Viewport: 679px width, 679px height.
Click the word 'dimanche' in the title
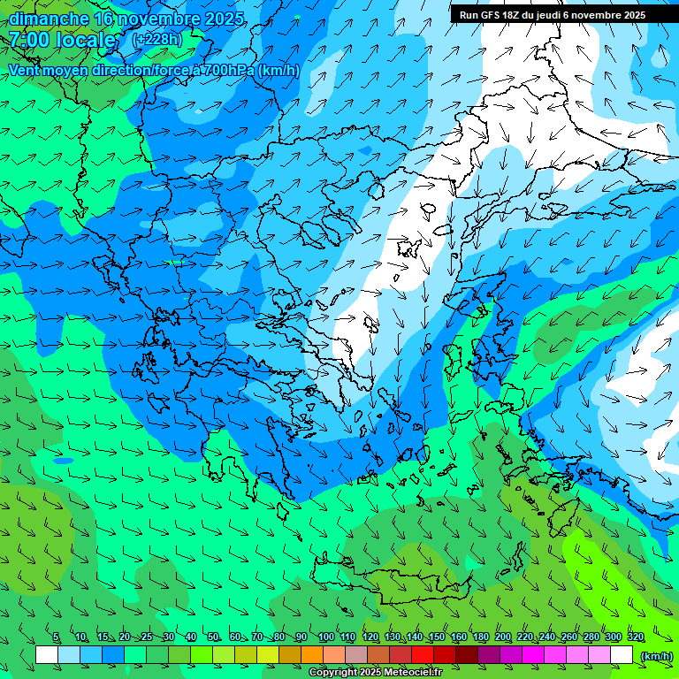click(50, 19)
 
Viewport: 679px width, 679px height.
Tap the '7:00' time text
click(29, 40)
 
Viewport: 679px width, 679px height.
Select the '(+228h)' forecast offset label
click(156, 40)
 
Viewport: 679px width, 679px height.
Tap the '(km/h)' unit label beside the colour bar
click(655, 655)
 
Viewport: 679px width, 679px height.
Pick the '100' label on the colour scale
click(326, 637)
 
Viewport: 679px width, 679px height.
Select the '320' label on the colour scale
click(636, 637)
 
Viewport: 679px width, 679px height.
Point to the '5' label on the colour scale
click(56, 637)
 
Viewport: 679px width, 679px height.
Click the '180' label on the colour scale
click(481, 637)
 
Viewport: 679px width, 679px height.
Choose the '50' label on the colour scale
click(213, 637)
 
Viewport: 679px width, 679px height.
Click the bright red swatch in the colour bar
click(423, 655)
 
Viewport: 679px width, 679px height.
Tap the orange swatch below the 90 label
click(312, 655)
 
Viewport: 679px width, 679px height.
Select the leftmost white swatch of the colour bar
click(47, 655)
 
